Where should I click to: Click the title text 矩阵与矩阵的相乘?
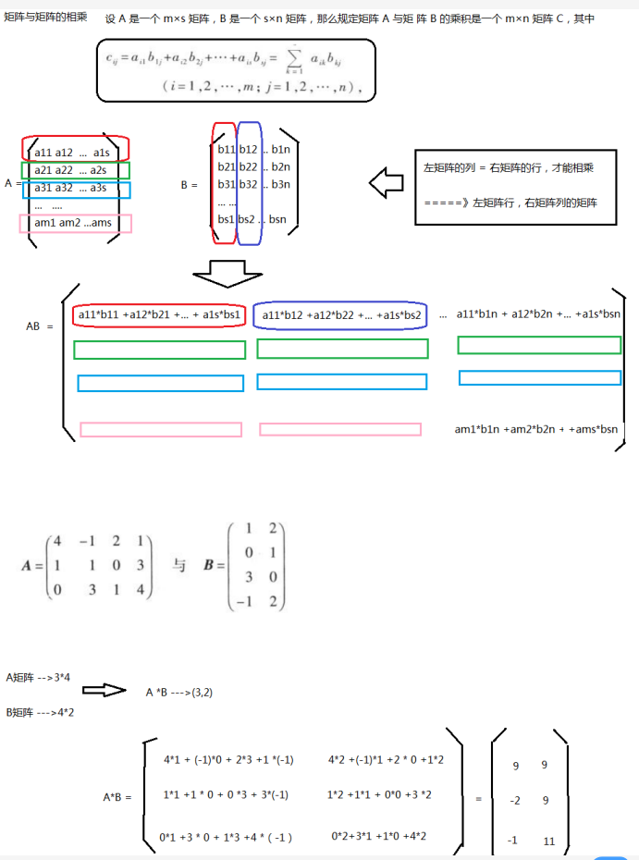click(46, 18)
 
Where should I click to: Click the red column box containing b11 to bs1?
click(225, 183)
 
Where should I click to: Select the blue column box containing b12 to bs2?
click(248, 183)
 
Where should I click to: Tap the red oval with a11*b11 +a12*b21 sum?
click(159, 316)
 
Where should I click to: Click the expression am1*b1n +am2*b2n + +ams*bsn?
click(537, 429)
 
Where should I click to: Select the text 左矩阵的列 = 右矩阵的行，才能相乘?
click(508, 168)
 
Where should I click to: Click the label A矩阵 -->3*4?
click(38, 678)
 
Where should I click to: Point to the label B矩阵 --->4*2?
click(40, 712)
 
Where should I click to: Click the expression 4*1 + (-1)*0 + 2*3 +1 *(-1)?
click(228, 760)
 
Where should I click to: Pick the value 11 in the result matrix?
click(549, 842)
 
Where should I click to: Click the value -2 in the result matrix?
click(514, 801)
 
